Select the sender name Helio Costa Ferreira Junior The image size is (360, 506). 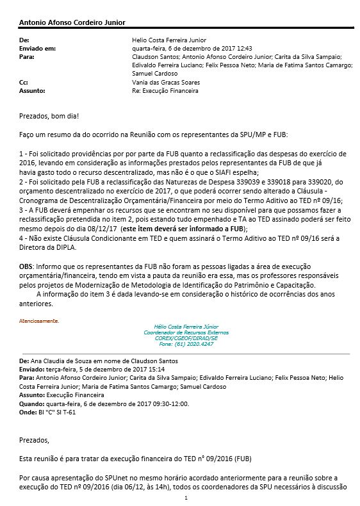point(164,40)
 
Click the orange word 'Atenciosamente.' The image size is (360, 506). point(39,321)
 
